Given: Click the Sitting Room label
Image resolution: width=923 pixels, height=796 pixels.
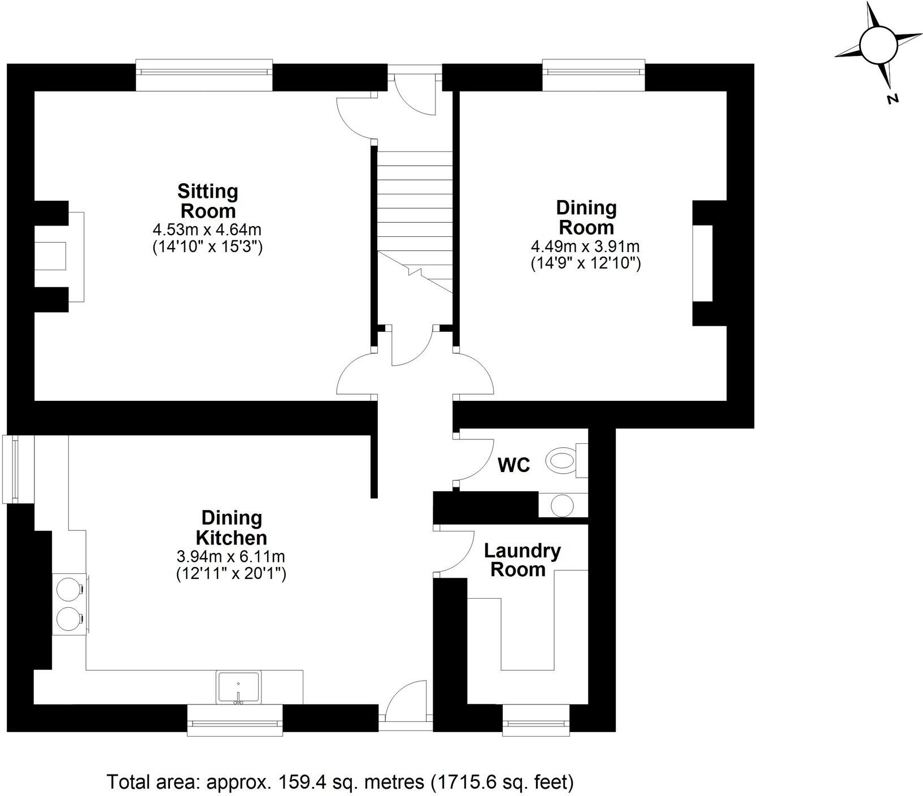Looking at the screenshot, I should [208, 201].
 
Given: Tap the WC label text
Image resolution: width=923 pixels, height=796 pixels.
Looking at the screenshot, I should [514, 465].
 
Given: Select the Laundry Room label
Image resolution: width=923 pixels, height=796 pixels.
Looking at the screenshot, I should [522, 560].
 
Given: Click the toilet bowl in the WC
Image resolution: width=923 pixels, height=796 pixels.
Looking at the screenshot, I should [561, 460].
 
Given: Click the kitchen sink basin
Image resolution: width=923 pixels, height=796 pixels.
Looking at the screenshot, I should [238, 686].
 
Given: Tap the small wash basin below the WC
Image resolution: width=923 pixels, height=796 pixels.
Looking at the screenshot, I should [562, 504].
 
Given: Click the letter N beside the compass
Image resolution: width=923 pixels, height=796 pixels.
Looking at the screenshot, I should [892, 99].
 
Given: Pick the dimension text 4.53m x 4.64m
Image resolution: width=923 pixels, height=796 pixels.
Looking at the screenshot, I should [207, 230].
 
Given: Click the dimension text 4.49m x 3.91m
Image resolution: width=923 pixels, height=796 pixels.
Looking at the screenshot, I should [585, 246].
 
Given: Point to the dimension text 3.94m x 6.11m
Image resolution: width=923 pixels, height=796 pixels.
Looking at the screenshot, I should [232, 557].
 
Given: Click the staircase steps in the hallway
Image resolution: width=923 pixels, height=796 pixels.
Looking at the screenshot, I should [415, 215].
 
